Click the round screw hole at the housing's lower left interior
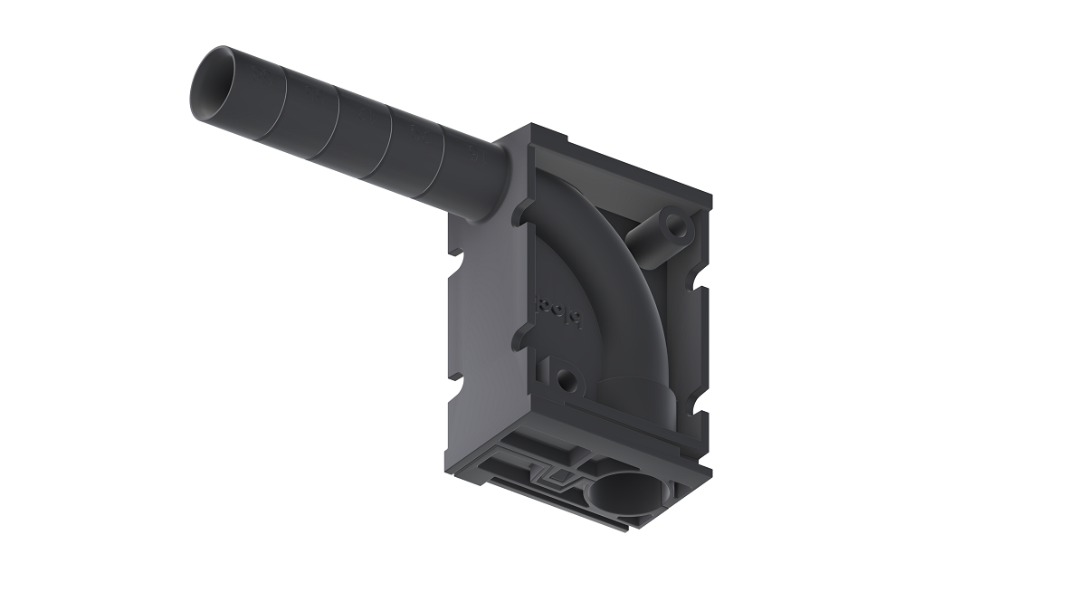pyautogui.click(x=566, y=380)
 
